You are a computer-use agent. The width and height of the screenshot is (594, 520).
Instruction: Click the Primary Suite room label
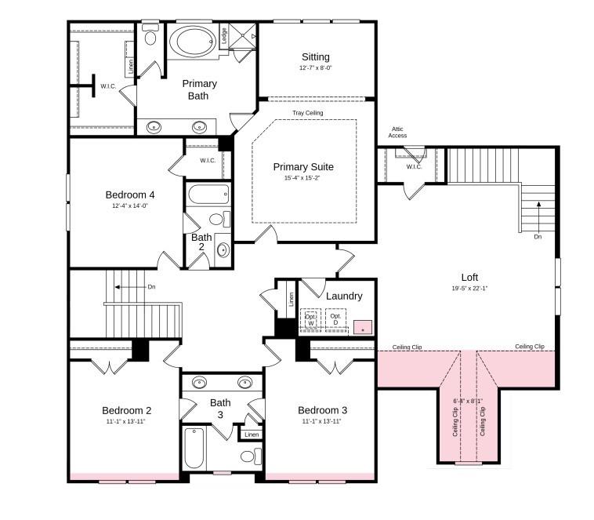(x=303, y=167)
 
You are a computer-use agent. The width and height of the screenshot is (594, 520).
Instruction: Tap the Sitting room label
(x=316, y=57)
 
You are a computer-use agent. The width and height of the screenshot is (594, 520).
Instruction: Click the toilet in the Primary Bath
(x=150, y=35)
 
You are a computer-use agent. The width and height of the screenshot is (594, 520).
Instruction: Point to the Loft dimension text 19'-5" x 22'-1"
(x=469, y=288)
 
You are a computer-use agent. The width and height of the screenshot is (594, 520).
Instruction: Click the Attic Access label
(x=397, y=132)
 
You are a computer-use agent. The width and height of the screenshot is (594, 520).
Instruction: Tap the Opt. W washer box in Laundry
(x=310, y=320)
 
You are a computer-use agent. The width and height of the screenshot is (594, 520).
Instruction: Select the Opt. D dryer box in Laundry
(x=335, y=320)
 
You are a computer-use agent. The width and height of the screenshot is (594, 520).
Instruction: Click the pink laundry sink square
(x=362, y=327)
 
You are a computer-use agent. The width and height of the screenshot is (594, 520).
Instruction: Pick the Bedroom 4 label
(x=130, y=195)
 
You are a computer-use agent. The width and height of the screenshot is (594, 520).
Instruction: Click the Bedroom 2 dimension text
(x=126, y=421)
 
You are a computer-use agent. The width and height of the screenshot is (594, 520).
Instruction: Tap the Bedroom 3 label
(x=322, y=410)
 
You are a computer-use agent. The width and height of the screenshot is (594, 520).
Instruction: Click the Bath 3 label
(x=220, y=409)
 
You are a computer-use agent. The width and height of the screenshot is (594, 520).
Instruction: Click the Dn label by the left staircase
(x=151, y=287)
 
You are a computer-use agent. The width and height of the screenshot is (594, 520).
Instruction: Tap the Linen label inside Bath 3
(x=251, y=435)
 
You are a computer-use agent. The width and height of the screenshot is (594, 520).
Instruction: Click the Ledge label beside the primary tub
(x=223, y=35)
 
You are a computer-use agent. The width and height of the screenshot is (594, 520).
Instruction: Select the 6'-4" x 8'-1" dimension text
(x=468, y=401)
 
